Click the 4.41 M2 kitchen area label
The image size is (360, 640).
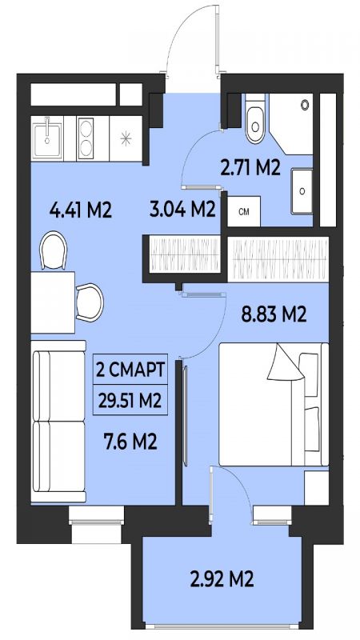click(x=81, y=210)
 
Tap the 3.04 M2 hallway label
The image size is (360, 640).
click(x=182, y=210)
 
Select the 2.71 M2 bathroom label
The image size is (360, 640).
click(x=250, y=168)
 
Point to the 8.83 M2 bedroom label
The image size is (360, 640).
click(x=274, y=314)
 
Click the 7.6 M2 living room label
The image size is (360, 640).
click(x=130, y=442)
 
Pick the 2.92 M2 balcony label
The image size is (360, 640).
click(x=222, y=579)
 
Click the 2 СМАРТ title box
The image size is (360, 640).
click(x=130, y=369)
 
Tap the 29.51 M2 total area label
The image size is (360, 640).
click(x=130, y=400)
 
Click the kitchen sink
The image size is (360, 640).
click(x=47, y=138)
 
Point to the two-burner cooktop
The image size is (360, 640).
click(x=86, y=138)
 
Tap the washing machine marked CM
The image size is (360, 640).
click(x=244, y=211)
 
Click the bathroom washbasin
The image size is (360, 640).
click(x=302, y=191)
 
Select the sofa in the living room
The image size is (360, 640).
click(x=58, y=422)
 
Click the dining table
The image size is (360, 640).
click(x=53, y=302)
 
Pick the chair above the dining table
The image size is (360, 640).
click(x=54, y=250)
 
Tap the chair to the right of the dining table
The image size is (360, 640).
click(x=90, y=302)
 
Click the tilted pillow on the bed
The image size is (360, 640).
click(x=286, y=362)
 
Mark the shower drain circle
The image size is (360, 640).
click(x=305, y=105)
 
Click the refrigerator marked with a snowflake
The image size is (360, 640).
click(x=126, y=138)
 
